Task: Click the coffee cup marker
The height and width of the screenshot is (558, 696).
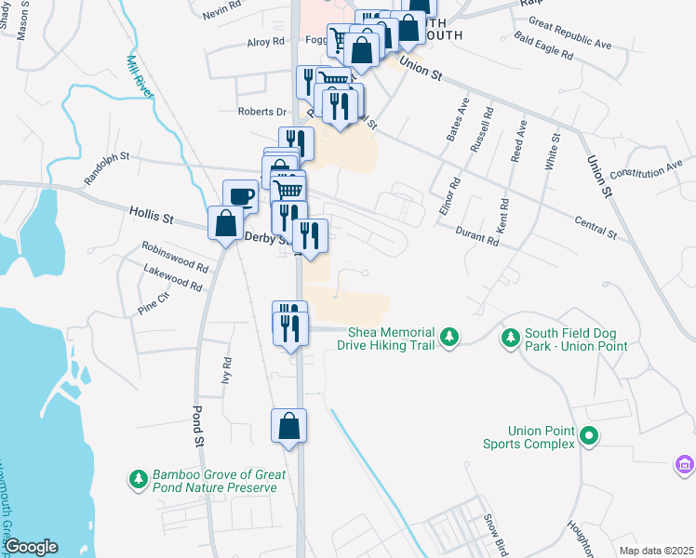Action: pyautogui.click(x=240, y=196)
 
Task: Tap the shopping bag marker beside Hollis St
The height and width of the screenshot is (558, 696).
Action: pyautogui.click(x=225, y=224)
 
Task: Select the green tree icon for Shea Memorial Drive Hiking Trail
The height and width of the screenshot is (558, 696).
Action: pyautogui.click(x=449, y=335)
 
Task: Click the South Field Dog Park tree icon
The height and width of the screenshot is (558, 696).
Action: pyautogui.click(x=510, y=336)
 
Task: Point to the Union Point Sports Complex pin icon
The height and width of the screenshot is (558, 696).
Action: pyautogui.click(x=588, y=435)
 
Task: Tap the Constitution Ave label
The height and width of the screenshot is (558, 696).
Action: pyautogui.click(x=646, y=171)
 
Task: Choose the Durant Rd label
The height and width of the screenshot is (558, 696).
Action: pyautogui.click(x=477, y=238)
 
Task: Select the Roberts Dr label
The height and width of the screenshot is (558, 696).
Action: pyautogui.click(x=261, y=112)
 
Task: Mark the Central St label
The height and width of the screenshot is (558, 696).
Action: pyautogui.click(x=596, y=227)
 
